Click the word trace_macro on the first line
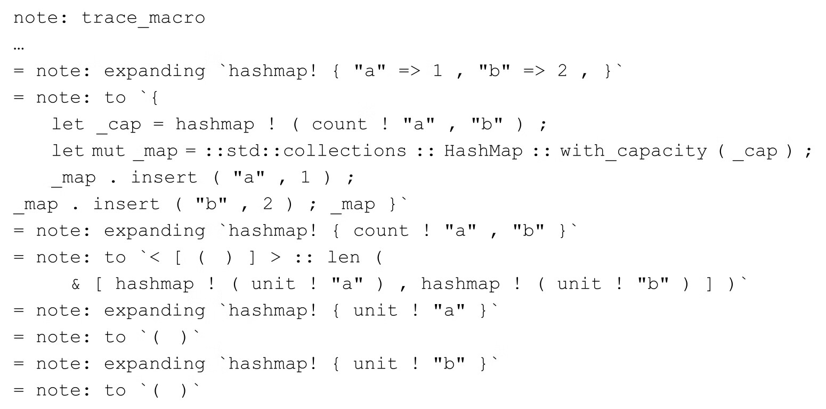pos(143,18)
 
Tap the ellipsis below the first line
pos(19,48)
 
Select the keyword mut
pos(108,151)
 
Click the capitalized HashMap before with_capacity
pos(483,151)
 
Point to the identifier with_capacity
pos(634,151)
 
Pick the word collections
pos(344,151)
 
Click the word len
pos(344,257)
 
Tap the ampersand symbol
pos(76,284)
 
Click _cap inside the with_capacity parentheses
pos(755,151)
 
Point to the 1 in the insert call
pos(305,177)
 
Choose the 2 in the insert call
pos(268,204)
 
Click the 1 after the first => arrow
pos(438,70)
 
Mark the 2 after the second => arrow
pos(562,70)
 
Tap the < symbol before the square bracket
pos(155,257)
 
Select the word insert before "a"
pos(164,177)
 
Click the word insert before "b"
pos(126,204)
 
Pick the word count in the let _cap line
pos(339,124)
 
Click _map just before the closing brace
pos(353,205)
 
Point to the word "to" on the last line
pos(115,390)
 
